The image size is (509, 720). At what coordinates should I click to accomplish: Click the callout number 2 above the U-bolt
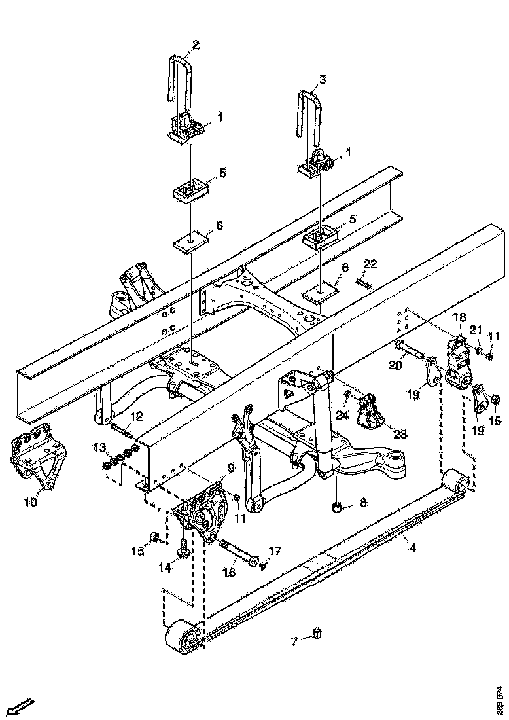(x=195, y=45)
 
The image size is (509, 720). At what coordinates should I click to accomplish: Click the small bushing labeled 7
(x=317, y=634)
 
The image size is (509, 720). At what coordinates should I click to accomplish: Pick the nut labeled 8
(x=338, y=506)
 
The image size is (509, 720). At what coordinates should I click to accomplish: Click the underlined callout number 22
(x=370, y=263)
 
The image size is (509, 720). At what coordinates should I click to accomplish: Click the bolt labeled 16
(x=237, y=551)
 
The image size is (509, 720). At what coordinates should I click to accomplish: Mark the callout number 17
(x=275, y=551)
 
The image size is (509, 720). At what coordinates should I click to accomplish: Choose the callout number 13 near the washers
(x=99, y=447)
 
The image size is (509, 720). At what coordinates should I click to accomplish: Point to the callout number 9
(x=231, y=467)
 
